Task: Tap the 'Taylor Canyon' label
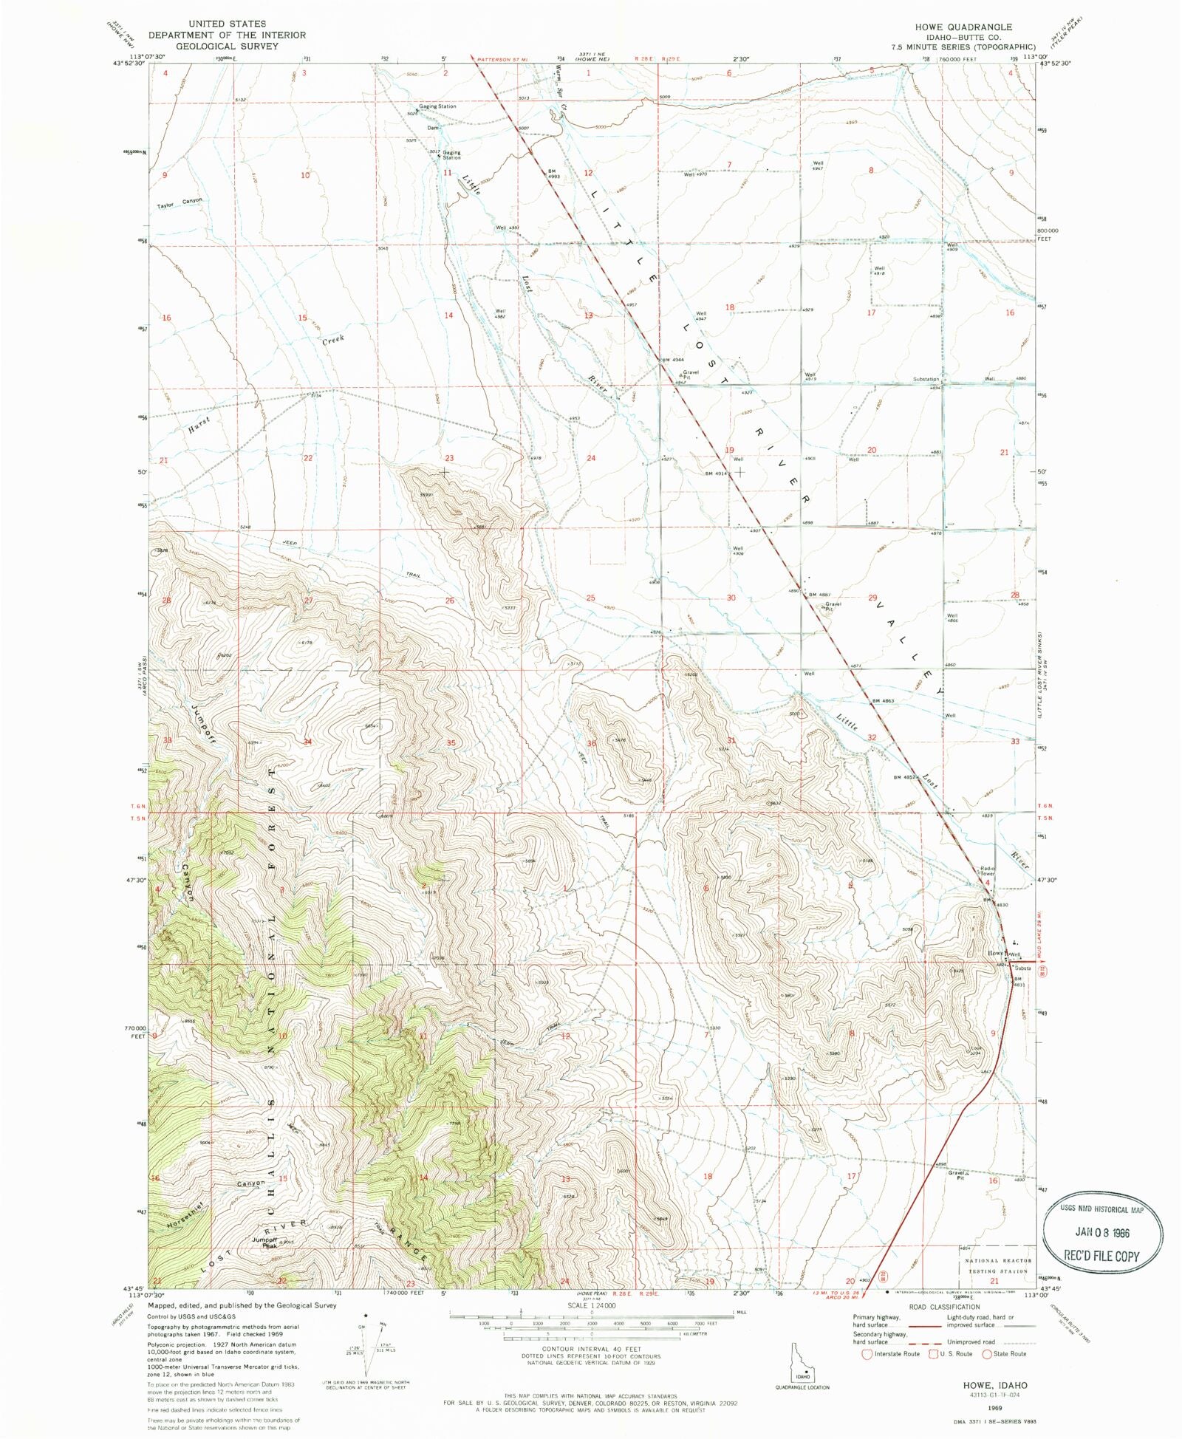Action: point(179,203)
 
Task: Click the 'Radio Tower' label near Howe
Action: point(988,871)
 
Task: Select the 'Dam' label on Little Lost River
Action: point(432,128)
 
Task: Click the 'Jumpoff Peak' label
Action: point(264,1243)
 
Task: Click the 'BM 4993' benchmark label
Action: point(551,174)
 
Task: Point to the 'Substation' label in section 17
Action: point(925,379)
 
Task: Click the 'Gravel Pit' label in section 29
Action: point(833,606)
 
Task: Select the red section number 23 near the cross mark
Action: point(449,458)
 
